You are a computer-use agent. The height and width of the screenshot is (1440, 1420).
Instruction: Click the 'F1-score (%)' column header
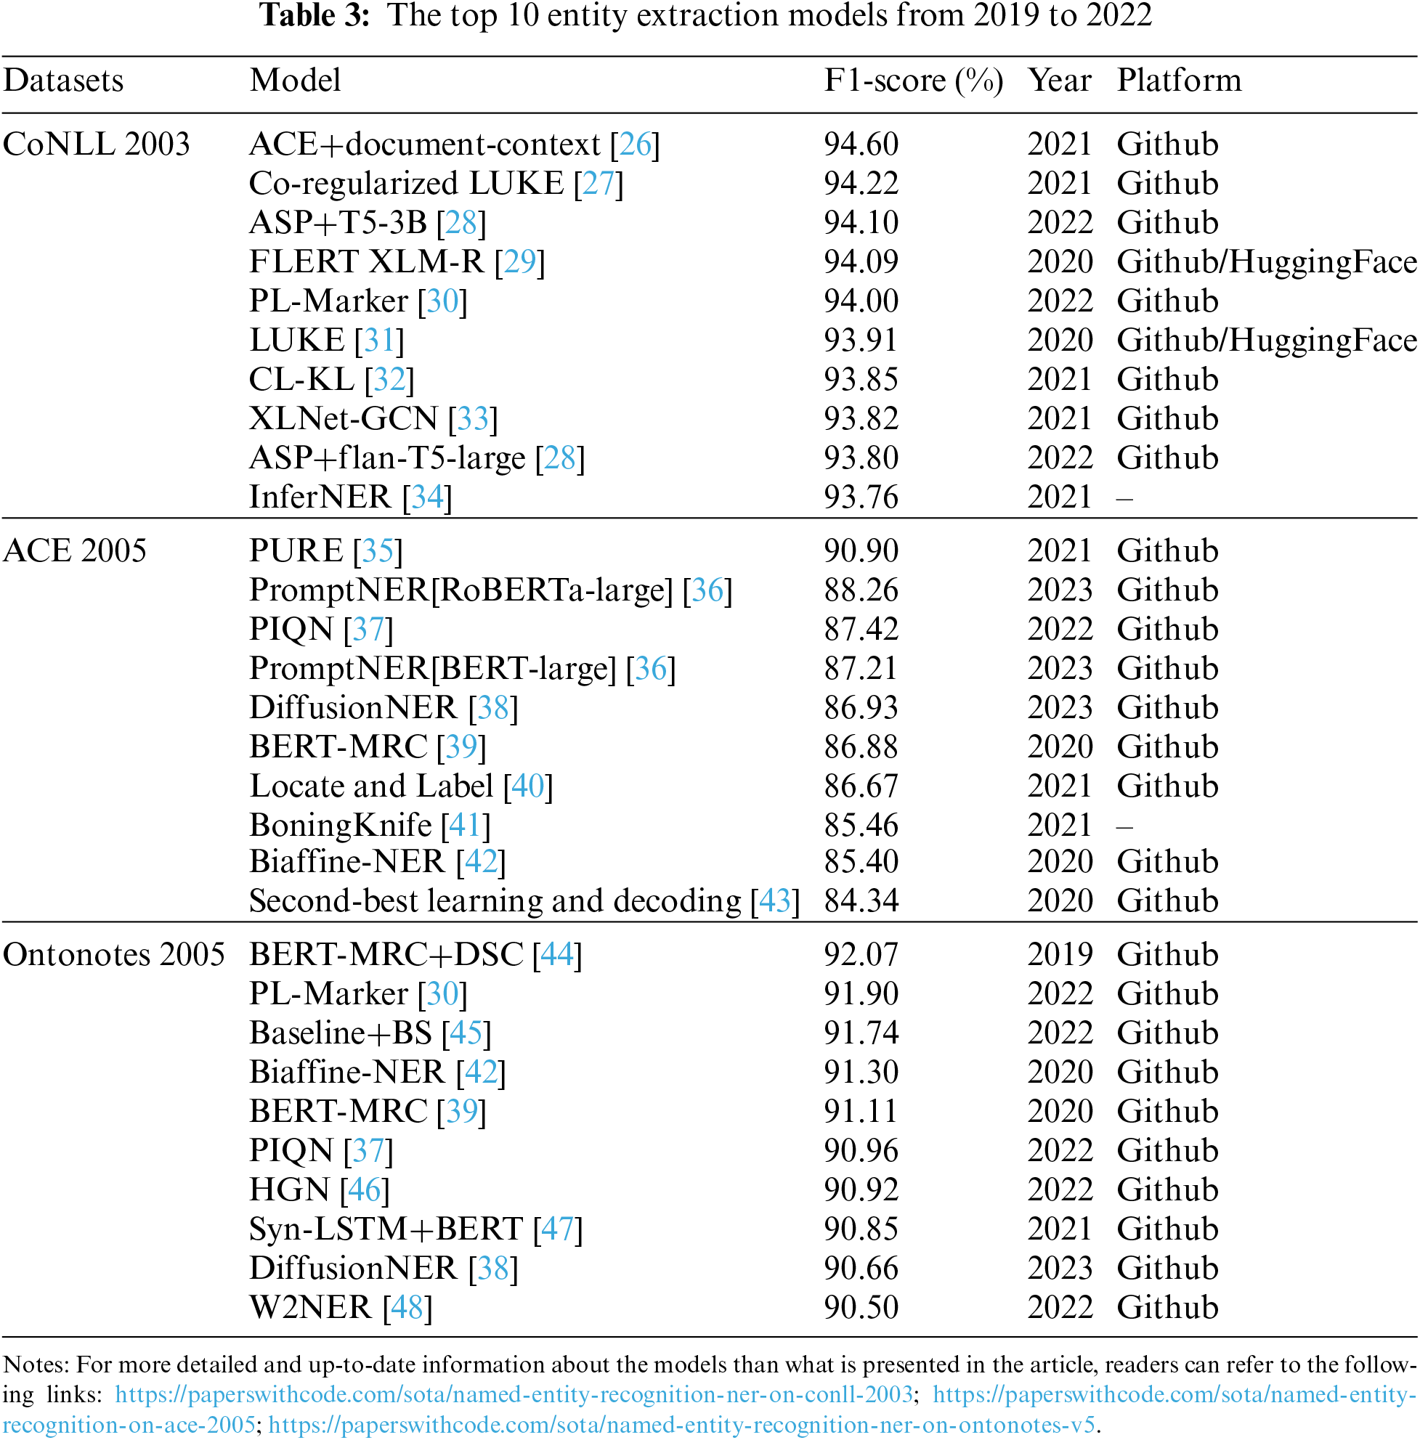[913, 81]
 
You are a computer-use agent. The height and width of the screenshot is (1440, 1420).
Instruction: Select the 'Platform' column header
[1178, 81]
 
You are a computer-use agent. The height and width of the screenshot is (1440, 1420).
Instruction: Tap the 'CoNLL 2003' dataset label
[96, 145]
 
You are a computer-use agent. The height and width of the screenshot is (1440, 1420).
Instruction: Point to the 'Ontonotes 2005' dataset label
[113, 955]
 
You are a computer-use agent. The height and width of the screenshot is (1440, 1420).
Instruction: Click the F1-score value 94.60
[861, 145]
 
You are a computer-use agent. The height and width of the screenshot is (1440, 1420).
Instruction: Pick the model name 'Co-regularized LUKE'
[406, 183]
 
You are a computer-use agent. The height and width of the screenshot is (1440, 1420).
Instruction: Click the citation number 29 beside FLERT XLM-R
[519, 261]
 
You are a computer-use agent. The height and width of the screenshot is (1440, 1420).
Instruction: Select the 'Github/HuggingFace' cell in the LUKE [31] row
[1267, 341]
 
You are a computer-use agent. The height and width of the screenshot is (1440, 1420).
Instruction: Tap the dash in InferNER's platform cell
[1125, 498]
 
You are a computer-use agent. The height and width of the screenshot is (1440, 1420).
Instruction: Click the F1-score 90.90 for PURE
[861, 551]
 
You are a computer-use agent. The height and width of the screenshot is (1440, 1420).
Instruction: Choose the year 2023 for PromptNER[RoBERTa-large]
[1059, 590]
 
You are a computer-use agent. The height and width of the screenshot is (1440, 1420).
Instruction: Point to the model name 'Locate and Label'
[371, 786]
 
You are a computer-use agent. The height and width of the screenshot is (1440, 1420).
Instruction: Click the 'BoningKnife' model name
[340, 826]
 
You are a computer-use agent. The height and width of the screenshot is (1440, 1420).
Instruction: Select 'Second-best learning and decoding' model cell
[495, 901]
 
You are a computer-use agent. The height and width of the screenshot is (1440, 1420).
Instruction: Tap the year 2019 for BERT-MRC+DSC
[1059, 955]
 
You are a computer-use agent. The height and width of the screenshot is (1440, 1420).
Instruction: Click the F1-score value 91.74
[861, 1033]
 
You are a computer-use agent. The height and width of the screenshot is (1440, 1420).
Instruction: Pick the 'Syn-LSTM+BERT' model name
[386, 1229]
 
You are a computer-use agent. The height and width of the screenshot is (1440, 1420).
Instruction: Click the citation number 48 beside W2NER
[407, 1307]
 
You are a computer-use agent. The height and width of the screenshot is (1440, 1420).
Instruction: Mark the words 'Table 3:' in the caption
[315, 16]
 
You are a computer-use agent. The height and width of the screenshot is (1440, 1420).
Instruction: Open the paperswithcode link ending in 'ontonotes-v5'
[681, 1425]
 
